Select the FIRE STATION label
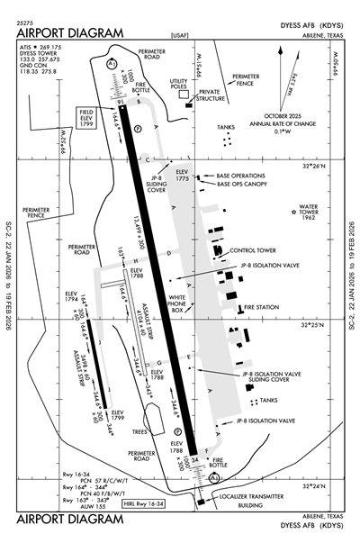point(262,309)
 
